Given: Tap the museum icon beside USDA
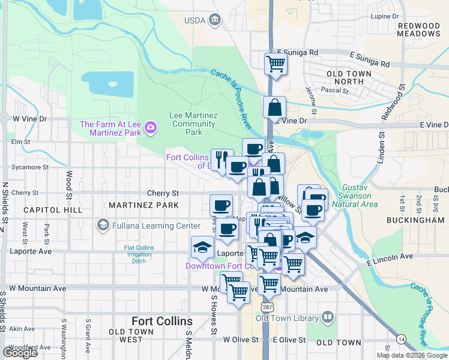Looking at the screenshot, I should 214,20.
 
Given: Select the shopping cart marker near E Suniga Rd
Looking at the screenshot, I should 276,62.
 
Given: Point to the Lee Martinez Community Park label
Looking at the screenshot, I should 192,124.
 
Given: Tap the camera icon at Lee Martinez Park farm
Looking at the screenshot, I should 149,127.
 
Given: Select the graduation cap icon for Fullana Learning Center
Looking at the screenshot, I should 102,226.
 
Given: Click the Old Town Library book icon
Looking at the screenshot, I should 328,317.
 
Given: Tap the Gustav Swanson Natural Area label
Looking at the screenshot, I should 360,196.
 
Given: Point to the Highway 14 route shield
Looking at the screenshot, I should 400,340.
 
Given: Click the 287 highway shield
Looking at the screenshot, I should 267,307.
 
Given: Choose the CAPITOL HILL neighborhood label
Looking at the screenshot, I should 52,210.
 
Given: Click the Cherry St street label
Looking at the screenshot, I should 163,193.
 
